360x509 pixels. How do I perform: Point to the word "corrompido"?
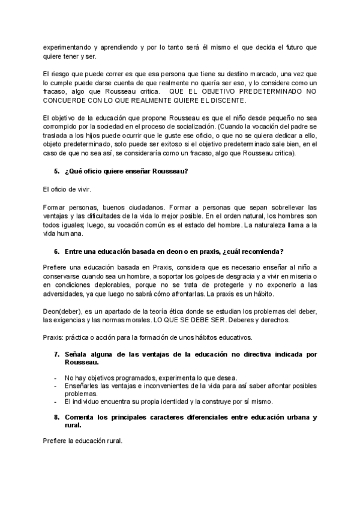[63, 128]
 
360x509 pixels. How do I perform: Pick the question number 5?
[56, 171]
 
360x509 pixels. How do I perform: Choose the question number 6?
[56, 251]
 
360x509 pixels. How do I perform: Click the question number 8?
[56, 417]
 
